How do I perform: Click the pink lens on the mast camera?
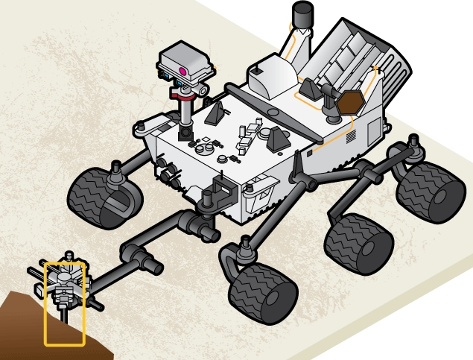(182, 72)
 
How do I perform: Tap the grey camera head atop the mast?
(187, 63)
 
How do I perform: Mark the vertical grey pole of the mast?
(185, 112)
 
